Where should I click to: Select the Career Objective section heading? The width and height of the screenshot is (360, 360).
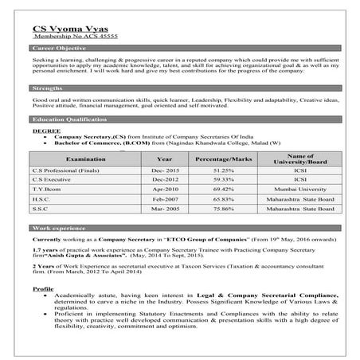57,49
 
